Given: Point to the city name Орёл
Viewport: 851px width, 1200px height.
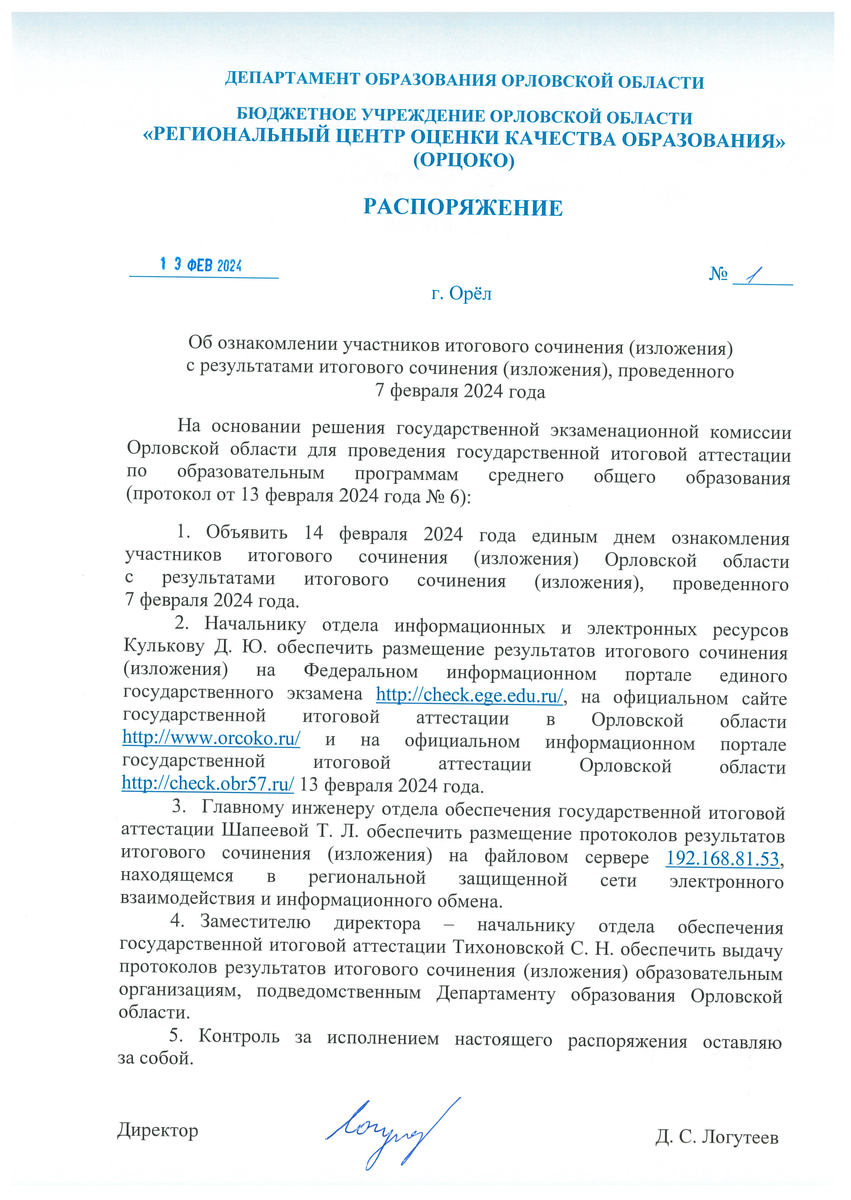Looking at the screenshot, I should coord(470,294).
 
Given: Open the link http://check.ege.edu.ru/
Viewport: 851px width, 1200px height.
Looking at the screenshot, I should coord(469,695).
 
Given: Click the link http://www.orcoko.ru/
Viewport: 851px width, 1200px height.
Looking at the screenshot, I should coord(211,737).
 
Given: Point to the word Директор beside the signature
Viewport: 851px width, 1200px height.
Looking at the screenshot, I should coord(158,1130).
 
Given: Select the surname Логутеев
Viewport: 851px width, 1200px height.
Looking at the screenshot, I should coord(740,1137).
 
